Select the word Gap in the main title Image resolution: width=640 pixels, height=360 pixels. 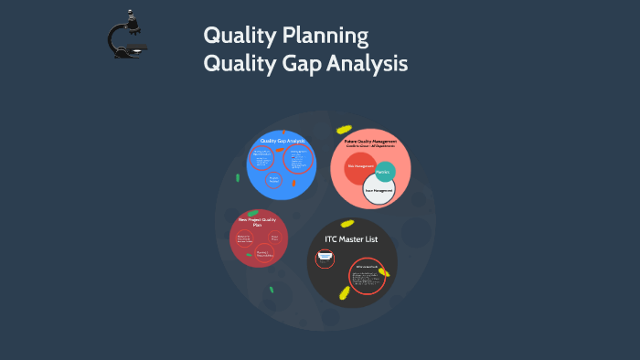click(303, 65)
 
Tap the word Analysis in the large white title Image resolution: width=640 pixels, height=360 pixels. click(369, 65)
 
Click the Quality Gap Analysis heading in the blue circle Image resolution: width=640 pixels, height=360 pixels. click(282, 141)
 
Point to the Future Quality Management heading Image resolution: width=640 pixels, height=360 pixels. click(370, 142)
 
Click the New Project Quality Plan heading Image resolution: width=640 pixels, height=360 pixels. click(256, 222)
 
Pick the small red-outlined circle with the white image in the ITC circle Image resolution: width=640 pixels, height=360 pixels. click(325, 259)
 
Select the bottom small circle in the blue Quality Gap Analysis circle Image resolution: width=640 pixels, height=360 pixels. click(273, 181)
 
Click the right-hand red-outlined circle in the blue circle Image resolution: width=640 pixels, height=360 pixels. click(297, 159)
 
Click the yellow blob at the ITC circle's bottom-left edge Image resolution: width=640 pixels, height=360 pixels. click(346, 292)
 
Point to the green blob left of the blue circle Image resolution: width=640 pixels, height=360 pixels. click(238, 177)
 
